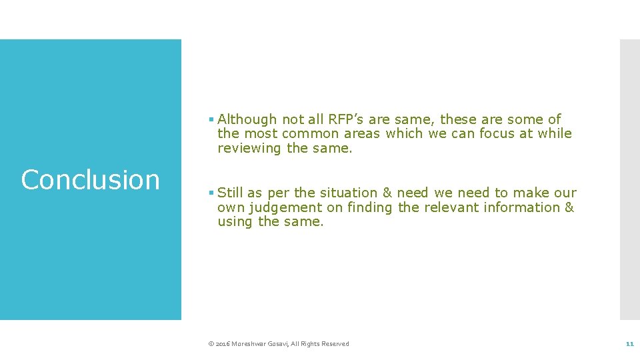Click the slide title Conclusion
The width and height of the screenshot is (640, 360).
90,180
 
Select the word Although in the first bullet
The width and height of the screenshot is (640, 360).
247,119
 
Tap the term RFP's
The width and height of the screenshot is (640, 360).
346,119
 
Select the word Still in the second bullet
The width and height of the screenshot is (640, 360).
231,193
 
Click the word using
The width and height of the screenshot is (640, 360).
235,222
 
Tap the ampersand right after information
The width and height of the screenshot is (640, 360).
569,207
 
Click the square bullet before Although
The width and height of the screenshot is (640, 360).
211,120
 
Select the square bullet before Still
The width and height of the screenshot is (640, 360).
211,193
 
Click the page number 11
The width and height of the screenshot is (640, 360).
629,344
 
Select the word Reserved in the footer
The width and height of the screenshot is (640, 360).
335,344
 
